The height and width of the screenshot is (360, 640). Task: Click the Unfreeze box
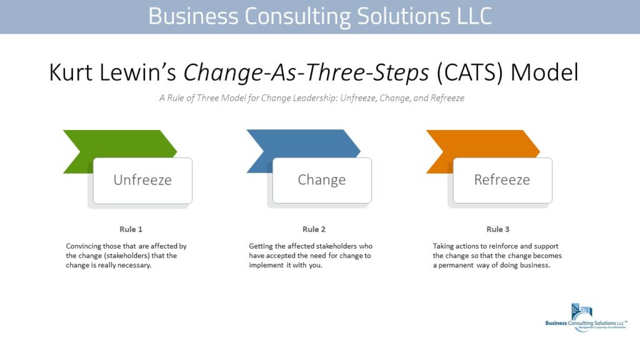142,180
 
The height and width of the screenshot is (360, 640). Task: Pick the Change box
322,180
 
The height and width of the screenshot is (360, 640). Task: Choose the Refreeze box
502,180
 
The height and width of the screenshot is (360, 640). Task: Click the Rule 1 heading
131,229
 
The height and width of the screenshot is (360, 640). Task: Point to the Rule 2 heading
314,229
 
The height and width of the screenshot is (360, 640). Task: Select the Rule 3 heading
497,229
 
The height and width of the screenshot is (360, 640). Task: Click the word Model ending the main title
544,73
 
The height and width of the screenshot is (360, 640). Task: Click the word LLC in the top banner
469,16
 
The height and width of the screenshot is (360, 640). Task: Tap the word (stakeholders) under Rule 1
120,255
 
